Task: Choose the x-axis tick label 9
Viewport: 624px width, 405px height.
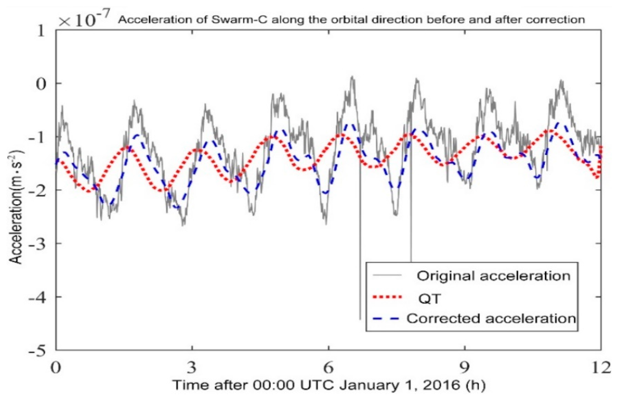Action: (x=465, y=368)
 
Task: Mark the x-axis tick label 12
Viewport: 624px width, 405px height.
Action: (x=600, y=368)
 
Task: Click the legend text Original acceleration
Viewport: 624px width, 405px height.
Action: (x=493, y=276)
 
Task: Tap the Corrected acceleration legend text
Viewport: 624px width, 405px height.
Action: (x=491, y=318)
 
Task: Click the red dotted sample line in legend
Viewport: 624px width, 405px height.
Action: (x=388, y=297)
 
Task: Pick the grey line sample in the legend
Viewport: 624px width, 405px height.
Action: (x=388, y=275)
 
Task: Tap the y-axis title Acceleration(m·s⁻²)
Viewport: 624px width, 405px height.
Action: (x=16, y=207)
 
